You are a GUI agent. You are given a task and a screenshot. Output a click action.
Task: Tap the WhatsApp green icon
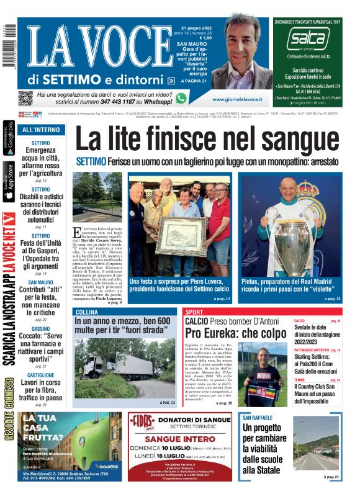(181, 98)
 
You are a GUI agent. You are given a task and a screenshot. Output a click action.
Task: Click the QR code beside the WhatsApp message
(25, 98)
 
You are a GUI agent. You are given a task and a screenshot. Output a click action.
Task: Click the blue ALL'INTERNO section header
(41, 130)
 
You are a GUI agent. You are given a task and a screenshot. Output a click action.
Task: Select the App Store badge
(9, 181)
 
